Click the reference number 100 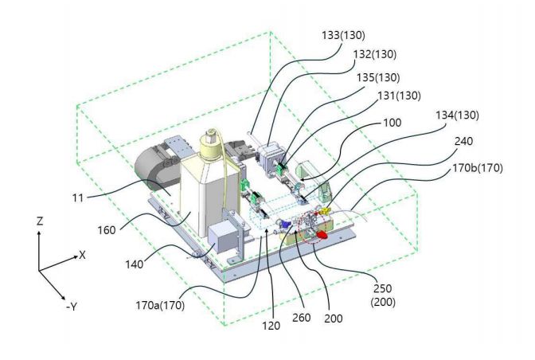coord(392,124)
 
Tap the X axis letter coord(81,256)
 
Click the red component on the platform coord(323,236)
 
